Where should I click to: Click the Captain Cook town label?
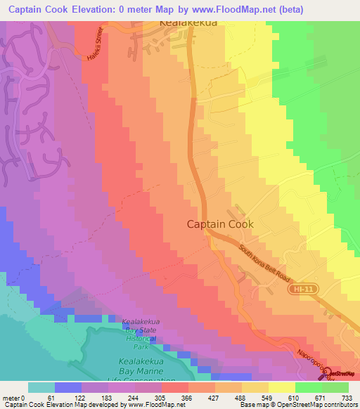click(220, 224)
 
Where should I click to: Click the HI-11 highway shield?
click(300, 290)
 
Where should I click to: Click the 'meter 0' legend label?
click(15, 396)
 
